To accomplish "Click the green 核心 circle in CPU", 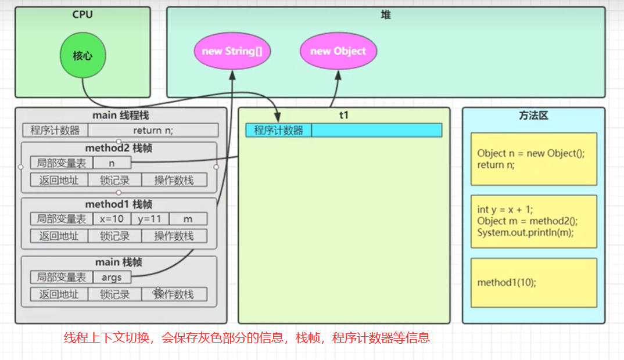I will pos(82,56).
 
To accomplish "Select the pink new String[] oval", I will pos(232,51).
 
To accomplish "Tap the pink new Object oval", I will pos(338,51).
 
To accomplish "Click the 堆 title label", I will pos(386,15).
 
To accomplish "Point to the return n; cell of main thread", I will pos(153,130).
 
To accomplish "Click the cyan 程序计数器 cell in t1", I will pos(279,130).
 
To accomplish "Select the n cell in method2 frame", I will pos(112,163).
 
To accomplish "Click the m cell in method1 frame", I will pos(188,219).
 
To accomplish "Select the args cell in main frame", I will pos(112,277).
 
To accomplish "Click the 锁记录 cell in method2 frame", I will pos(114,180).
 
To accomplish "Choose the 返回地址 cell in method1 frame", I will pos(59,236).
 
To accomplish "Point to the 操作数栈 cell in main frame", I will pos(174,294).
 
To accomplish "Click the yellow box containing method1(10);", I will pos(533,283).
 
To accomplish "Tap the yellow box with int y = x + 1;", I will pos(533,221).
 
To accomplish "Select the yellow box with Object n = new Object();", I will pos(533,159).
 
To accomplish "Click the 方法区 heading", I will pos(533,116).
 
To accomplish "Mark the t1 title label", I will pos(343,115).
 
